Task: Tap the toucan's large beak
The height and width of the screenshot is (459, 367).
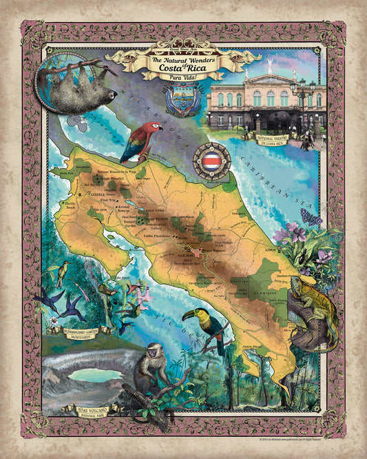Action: tap(189, 316)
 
